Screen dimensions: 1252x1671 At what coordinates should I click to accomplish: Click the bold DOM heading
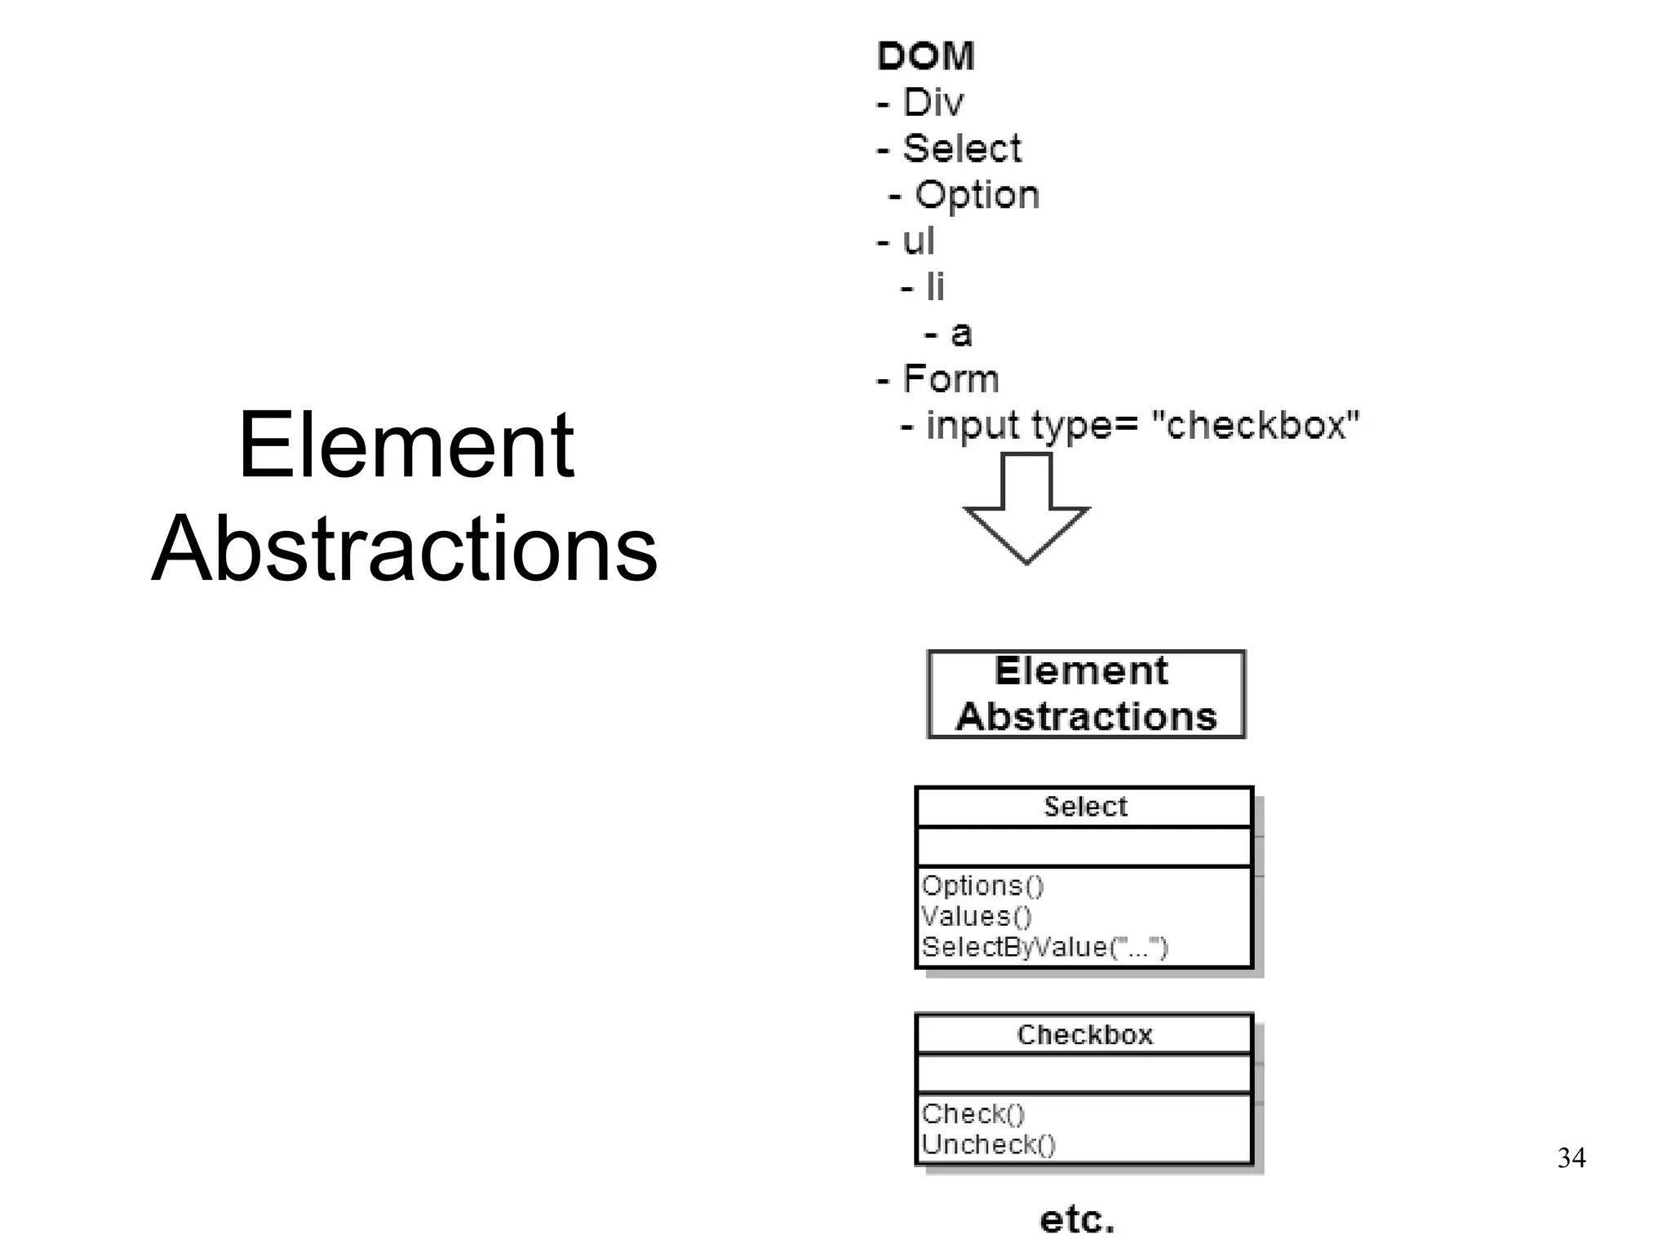click(x=925, y=56)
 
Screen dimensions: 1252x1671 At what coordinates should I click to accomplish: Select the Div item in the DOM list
click(x=932, y=103)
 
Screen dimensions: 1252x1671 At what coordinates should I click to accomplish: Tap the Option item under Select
click(x=977, y=195)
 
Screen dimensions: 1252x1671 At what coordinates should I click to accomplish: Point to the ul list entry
click(x=917, y=241)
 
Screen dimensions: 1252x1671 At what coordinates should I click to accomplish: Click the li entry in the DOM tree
click(x=934, y=287)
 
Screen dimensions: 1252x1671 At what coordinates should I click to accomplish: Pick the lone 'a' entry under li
click(x=961, y=333)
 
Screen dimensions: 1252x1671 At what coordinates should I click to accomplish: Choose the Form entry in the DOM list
click(x=950, y=379)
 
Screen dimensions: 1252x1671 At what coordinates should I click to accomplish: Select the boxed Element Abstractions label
click(x=1086, y=694)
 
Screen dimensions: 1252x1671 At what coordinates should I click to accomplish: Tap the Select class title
click(x=1085, y=807)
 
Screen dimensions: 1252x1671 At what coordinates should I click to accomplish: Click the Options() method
click(x=982, y=886)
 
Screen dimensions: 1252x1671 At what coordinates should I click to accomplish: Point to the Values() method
click(x=977, y=917)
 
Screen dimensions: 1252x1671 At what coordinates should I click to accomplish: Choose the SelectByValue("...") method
click(x=1044, y=948)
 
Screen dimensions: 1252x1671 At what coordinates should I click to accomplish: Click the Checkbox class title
click(x=1084, y=1035)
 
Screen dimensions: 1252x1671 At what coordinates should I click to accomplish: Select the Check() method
click(x=973, y=1114)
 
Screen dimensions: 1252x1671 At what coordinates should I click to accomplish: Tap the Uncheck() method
click(x=988, y=1145)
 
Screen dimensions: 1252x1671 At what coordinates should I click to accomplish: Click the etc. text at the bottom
click(x=1076, y=1220)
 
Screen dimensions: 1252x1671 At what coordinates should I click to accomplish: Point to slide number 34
click(x=1571, y=1158)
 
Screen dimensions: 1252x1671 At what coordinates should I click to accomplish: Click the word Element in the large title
click(x=406, y=445)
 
